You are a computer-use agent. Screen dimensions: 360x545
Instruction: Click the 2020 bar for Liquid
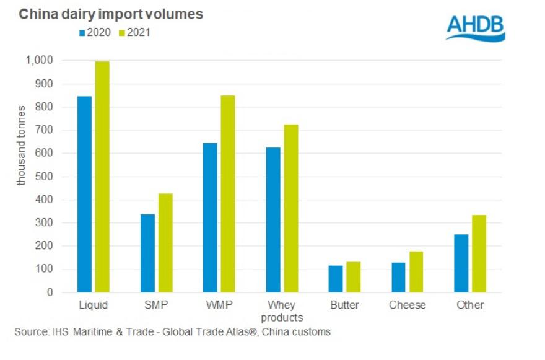85,194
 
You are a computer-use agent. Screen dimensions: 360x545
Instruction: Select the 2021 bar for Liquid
102,177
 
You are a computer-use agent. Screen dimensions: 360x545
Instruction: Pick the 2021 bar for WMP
227,193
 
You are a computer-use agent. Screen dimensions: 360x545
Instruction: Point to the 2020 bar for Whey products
272,219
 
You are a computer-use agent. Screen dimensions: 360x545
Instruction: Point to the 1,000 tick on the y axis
39,60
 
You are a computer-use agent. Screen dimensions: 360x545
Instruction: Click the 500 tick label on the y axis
44,177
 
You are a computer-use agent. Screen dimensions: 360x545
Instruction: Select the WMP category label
219,305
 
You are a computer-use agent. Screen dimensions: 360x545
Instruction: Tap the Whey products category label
281,311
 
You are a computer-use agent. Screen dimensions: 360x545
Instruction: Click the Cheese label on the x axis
407,305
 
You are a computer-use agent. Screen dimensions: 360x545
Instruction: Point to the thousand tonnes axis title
22,146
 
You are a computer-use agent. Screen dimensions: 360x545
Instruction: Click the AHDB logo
476,27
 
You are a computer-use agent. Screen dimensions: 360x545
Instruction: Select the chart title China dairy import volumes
111,14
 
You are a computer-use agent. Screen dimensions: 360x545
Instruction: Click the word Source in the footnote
30,332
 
